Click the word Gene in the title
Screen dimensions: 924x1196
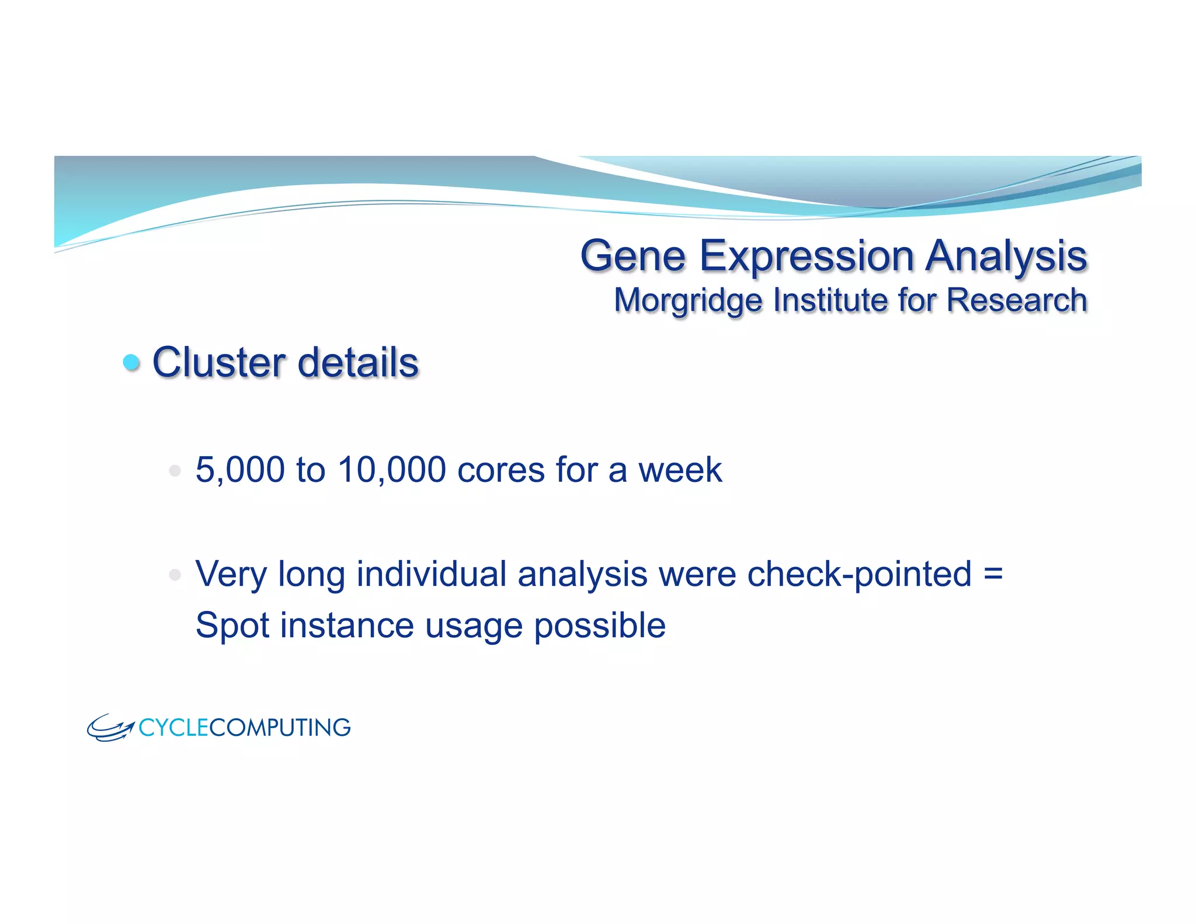632,256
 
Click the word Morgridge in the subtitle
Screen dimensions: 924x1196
688,300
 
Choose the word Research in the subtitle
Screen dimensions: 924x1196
1016,300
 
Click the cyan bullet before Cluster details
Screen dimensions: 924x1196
132,362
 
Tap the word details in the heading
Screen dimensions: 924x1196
358,362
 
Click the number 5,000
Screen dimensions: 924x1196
240,470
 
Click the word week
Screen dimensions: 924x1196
680,470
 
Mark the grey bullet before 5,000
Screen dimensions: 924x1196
175,470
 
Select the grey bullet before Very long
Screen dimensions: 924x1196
175,575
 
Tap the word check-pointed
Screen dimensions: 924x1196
859,575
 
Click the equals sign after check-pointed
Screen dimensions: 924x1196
993,574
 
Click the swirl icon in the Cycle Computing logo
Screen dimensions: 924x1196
110,728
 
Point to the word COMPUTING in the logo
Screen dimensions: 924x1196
280,728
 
